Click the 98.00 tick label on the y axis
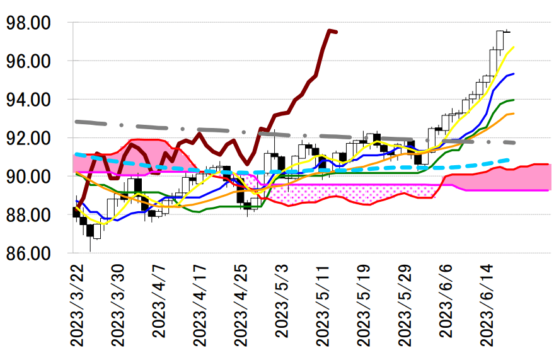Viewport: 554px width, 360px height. [28, 23]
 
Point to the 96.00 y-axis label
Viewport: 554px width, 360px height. [28, 62]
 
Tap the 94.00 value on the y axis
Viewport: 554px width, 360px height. [28, 100]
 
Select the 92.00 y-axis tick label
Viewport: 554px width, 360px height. [28, 139]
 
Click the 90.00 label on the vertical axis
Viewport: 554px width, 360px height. [28, 177]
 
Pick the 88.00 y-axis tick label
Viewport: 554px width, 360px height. [28, 216]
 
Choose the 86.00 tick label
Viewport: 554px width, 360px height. [28, 254]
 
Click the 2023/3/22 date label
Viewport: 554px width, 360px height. [77, 305]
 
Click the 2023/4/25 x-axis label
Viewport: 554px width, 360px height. [241, 305]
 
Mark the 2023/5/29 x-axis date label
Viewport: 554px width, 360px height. [406, 305]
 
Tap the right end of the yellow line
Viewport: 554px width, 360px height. [514, 47]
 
